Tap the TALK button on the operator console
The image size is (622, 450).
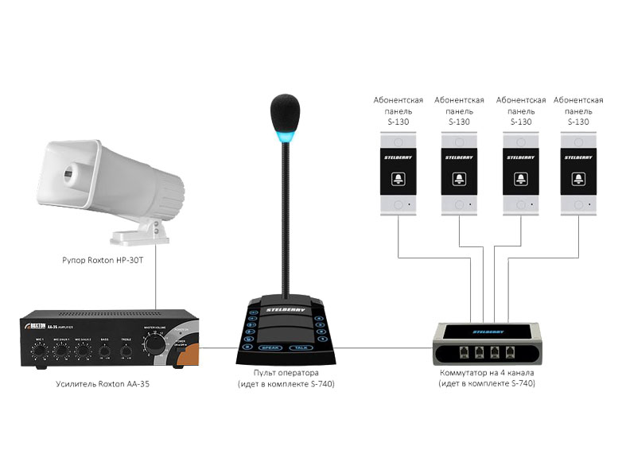pos(299,347)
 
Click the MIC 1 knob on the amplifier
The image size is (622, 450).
pos(39,348)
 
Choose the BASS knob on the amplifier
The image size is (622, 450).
pos(104,349)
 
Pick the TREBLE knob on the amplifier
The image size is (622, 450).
pos(126,349)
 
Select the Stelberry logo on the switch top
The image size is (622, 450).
pos(487,329)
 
